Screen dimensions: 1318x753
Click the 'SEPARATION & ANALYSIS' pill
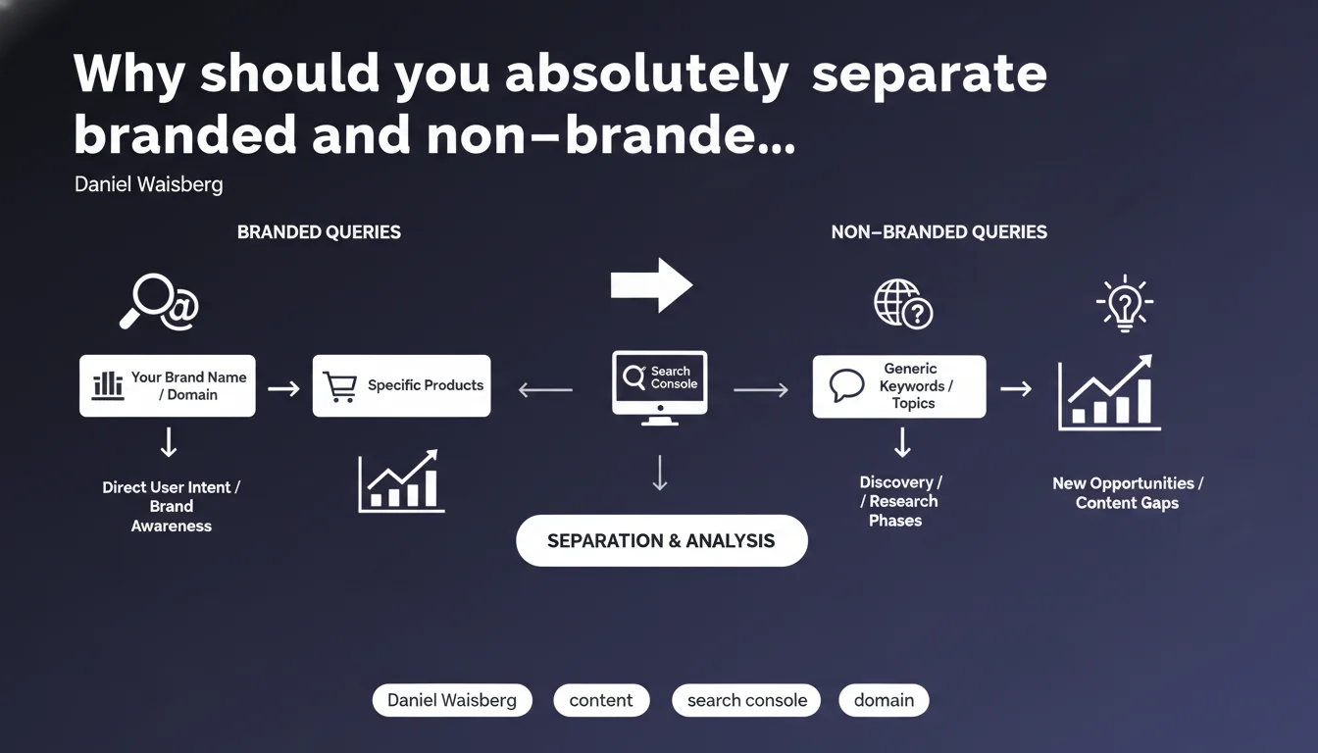click(661, 540)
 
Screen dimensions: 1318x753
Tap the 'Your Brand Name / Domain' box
click(168, 386)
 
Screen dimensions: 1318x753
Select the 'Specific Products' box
click(401, 386)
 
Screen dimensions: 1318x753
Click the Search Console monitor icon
click(660, 387)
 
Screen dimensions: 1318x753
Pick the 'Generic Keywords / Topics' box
click(899, 386)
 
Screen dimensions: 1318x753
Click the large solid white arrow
click(651, 285)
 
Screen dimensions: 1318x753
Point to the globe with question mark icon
click(903, 304)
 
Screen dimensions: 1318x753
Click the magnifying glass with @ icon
click(159, 301)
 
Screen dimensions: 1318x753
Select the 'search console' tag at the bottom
click(746, 700)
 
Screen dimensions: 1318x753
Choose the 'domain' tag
click(884, 700)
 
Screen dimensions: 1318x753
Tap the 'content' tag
click(601, 700)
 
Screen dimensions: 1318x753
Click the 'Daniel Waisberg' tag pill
click(452, 700)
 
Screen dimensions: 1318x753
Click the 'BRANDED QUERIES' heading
click(319, 232)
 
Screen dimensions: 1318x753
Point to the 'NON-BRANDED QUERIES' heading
click(939, 232)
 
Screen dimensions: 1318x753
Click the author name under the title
click(149, 184)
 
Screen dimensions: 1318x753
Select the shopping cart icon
click(340, 387)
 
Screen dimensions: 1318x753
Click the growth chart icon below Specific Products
click(401, 481)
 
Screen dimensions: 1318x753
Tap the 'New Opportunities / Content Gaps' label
click(1128, 493)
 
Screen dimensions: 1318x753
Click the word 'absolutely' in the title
click(646, 75)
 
